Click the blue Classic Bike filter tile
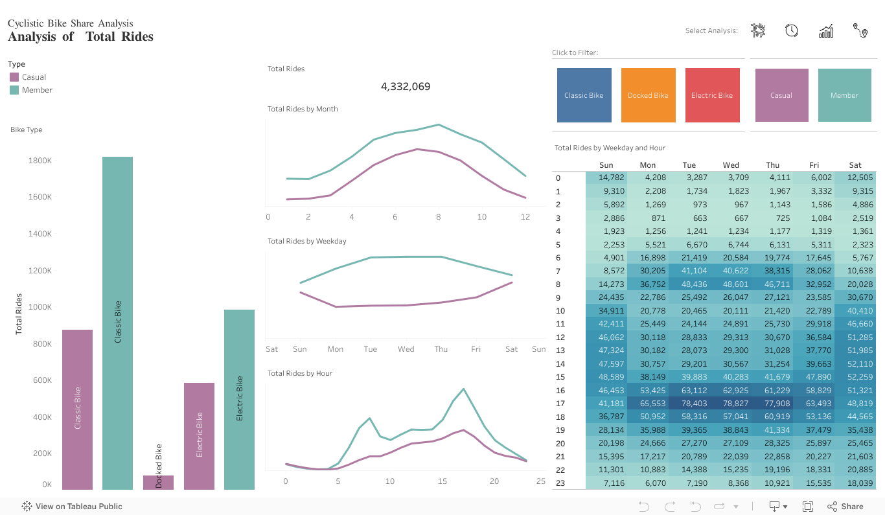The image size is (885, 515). (x=584, y=95)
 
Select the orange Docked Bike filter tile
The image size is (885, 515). (x=648, y=95)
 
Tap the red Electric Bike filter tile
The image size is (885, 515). (x=712, y=95)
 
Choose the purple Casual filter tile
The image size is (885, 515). (x=781, y=95)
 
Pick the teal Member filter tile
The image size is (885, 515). (x=844, y=95)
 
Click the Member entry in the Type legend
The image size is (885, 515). (x=36, y=90)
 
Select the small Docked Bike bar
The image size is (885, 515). (x=158, y=482)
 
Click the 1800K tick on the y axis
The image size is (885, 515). (x=40, y=160)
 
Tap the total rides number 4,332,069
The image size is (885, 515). (x=406, y=87)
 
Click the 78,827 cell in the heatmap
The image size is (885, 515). (x=731, y=403)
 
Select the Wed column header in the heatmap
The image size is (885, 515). (x=731, y=165)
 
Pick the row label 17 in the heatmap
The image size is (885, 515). (x=560, y=403)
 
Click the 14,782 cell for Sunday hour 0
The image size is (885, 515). (x=611, y=177)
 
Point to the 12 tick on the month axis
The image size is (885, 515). (x=525, y=217)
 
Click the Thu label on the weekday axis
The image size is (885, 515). (x=441, y=349)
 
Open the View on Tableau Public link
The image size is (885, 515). (x=72, y=507)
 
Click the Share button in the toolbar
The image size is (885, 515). (x=845, y=507)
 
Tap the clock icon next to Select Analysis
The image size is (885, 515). (x=791, y=30)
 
